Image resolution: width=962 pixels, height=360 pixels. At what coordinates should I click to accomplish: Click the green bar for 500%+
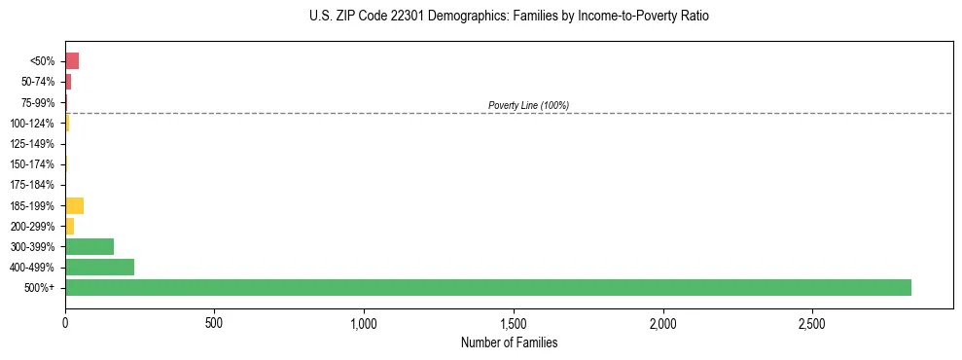coord(487,287)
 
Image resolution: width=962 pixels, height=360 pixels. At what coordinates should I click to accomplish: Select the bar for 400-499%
coord(99,267)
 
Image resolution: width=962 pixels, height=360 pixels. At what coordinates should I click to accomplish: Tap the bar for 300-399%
coord(89,246)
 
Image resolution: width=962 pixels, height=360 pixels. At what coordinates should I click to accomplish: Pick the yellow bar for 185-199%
coord(74,205)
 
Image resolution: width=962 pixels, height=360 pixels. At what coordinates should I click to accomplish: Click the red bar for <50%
coord(72,61)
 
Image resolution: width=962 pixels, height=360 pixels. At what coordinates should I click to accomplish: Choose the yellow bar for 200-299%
coord(69,226)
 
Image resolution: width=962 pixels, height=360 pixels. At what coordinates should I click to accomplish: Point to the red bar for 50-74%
coord(68,82)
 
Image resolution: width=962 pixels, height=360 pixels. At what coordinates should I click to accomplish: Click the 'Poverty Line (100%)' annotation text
coord(528,105)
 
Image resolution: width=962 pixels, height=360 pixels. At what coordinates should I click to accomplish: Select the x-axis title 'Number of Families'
coord(509,343)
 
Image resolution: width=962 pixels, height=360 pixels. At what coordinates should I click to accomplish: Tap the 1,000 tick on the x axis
coord(364,322)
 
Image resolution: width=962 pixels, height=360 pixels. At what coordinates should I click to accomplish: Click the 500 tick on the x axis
coord(214,322)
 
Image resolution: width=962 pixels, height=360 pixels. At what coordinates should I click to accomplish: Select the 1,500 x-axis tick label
coord(514,322)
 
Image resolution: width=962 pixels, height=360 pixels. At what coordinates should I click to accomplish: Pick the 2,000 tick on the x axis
coord(662,322)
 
